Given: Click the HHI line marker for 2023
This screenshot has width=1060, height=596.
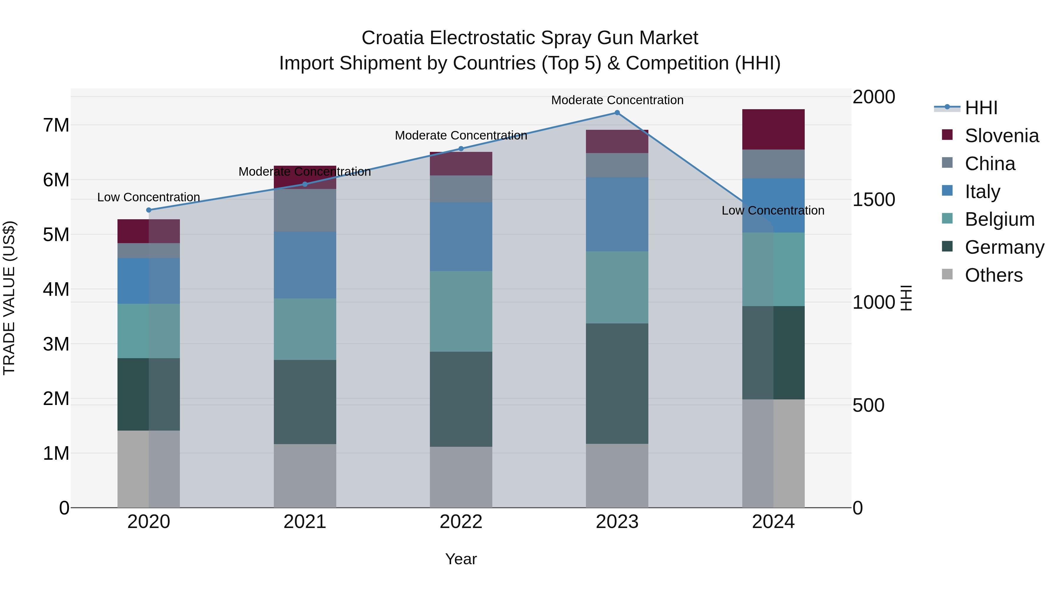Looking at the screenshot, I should pos(617,113).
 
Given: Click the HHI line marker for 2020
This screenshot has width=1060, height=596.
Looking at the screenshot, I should pos(149,210).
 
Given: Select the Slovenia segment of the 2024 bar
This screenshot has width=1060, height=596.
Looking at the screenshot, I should pos(773,130).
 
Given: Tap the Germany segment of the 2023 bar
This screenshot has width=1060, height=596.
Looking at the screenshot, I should pos(617,383).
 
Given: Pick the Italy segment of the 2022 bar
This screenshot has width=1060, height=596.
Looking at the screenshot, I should pos(461,237).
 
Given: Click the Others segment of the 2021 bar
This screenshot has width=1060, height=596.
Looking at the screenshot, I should pos(305,476).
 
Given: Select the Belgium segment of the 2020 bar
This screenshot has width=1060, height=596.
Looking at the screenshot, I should pos(149,331).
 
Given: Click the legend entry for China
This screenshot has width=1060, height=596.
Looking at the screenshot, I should pos(989,164).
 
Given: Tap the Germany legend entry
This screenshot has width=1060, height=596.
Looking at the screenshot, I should pos(1004,247).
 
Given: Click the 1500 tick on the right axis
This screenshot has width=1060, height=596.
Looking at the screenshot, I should pos(873,200).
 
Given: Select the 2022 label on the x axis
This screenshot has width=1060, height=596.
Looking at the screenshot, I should pos(461,522).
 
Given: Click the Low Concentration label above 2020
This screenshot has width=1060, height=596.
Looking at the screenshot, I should pos(149,197).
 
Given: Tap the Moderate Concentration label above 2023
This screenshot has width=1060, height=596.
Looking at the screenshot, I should pos(617,100).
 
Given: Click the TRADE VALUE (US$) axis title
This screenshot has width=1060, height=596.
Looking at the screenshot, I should pos(9,298).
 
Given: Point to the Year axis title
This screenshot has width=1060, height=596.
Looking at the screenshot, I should pos(461,559).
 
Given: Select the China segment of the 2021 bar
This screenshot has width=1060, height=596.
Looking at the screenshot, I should pos(305,210).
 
